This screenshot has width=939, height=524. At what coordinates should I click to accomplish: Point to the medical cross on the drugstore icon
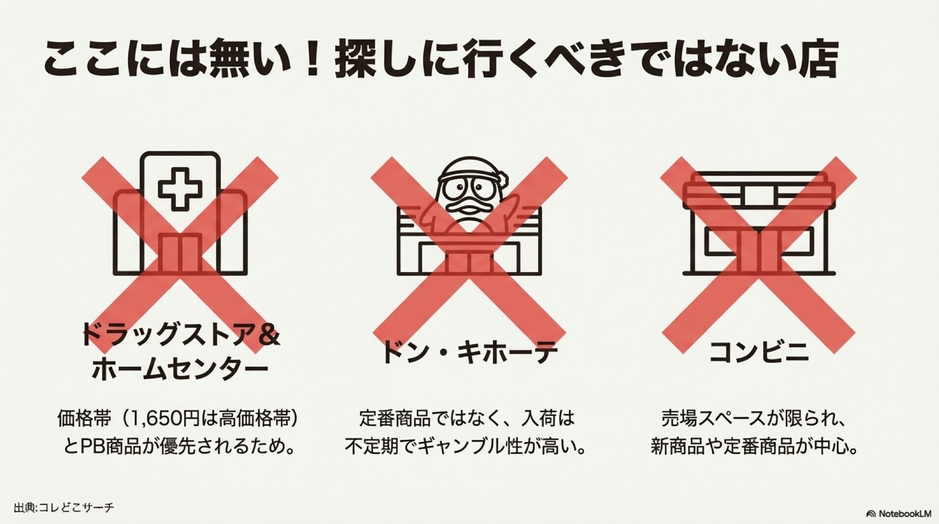[173, 188]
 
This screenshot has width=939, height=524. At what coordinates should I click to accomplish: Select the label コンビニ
[758, 352]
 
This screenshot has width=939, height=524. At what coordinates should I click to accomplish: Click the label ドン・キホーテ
[469, 352]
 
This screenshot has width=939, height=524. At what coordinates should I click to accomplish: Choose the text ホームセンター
[180, 370]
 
